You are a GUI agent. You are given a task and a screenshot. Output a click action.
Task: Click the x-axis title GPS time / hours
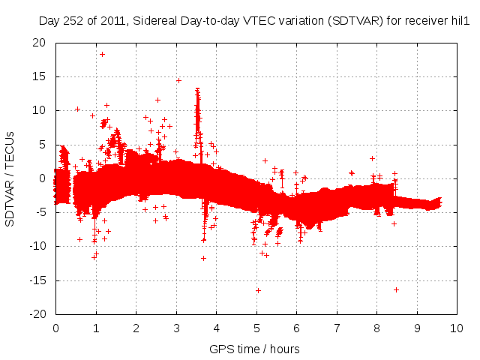point(255,349)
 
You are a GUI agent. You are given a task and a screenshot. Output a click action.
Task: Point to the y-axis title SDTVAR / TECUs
point(10,178)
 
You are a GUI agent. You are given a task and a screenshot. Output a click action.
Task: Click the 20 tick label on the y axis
point(38,43)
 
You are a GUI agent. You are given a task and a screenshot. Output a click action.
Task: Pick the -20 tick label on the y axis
point(36,314)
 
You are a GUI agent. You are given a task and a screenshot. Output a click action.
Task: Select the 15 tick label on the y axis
point(38,76)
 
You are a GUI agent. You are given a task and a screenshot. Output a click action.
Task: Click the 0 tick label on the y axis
point(43,178)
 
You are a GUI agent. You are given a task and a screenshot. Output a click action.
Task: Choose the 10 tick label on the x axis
point(457,328)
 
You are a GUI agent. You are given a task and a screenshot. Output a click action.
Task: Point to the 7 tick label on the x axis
point(337,328)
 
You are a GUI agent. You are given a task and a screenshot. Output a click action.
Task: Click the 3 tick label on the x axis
point(176,328)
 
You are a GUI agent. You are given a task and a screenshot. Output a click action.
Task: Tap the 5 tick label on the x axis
point(256,328)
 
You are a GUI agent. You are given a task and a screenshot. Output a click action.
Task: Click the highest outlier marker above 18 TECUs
point(102,54)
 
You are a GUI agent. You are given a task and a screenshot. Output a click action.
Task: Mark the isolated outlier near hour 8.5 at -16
point(396,289)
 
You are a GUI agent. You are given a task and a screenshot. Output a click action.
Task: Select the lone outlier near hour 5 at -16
point(258,290)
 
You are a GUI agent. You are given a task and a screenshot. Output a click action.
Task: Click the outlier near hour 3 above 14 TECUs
point(178,80)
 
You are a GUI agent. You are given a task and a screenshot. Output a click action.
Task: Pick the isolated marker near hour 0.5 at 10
point(77,109)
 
